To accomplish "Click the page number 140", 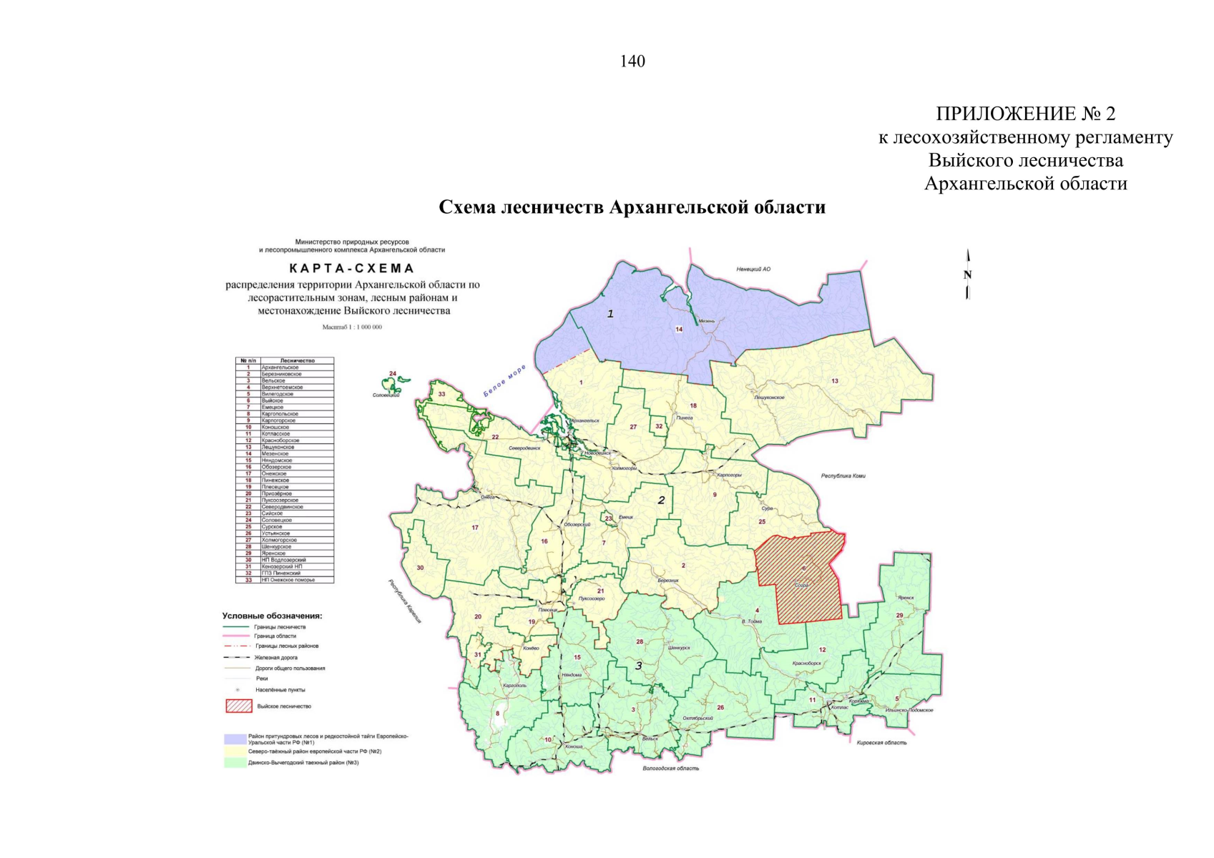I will pos(632,61).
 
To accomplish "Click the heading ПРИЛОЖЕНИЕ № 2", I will pos(1025,114).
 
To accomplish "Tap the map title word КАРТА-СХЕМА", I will pos(351,269).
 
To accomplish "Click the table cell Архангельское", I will pos(280,368).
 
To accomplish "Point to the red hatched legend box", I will pos(239,706).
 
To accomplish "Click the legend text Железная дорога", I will pos(276,657).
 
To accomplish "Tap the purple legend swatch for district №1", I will pos(235,739).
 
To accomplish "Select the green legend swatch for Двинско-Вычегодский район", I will pos(235,763).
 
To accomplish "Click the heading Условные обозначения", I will pos(272,616).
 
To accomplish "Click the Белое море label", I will pos(504,380).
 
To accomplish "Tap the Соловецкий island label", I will pos(386,395).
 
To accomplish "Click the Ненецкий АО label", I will pos(753,270).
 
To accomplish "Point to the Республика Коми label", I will pos(843,475).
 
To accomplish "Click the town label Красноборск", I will pos(806,663).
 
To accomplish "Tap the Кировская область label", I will pos(881,742).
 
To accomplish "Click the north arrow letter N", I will pos(967,275).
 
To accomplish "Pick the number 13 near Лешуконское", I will pos(834,381).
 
